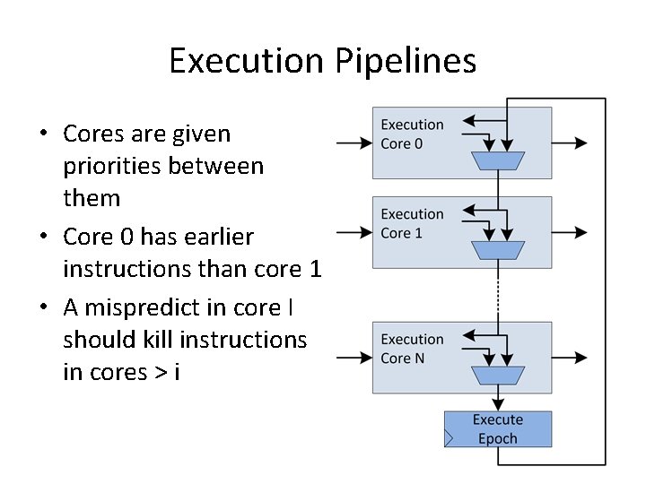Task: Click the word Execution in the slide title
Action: [245, 61]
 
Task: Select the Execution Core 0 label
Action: [412, 134]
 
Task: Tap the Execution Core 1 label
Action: [412, 223]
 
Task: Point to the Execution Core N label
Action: [412, 349]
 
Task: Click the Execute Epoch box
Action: [498, 428]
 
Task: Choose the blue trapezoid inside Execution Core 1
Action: [497, 248]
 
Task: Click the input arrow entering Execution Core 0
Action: [354, 143]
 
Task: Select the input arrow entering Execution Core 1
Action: [354, 232]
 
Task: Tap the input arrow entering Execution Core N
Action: [354, 358]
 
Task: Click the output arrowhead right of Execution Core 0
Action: [581, 143]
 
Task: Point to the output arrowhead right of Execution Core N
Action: [581, 358]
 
